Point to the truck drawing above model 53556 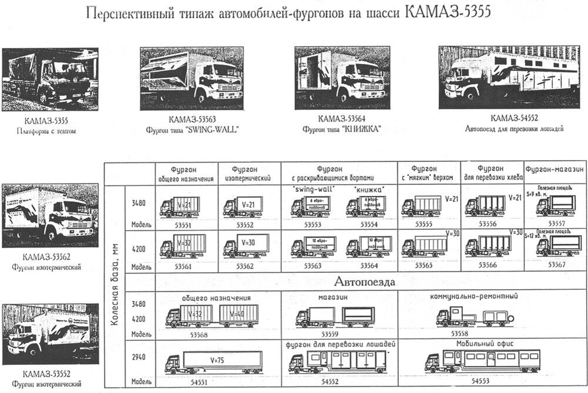(488, 206)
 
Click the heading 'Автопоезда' (364, 282)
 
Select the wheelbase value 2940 (140, 357)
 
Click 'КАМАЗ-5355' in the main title (448, 12)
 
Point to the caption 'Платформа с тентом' (46, 131)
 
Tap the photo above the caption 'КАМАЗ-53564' (332, 77)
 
